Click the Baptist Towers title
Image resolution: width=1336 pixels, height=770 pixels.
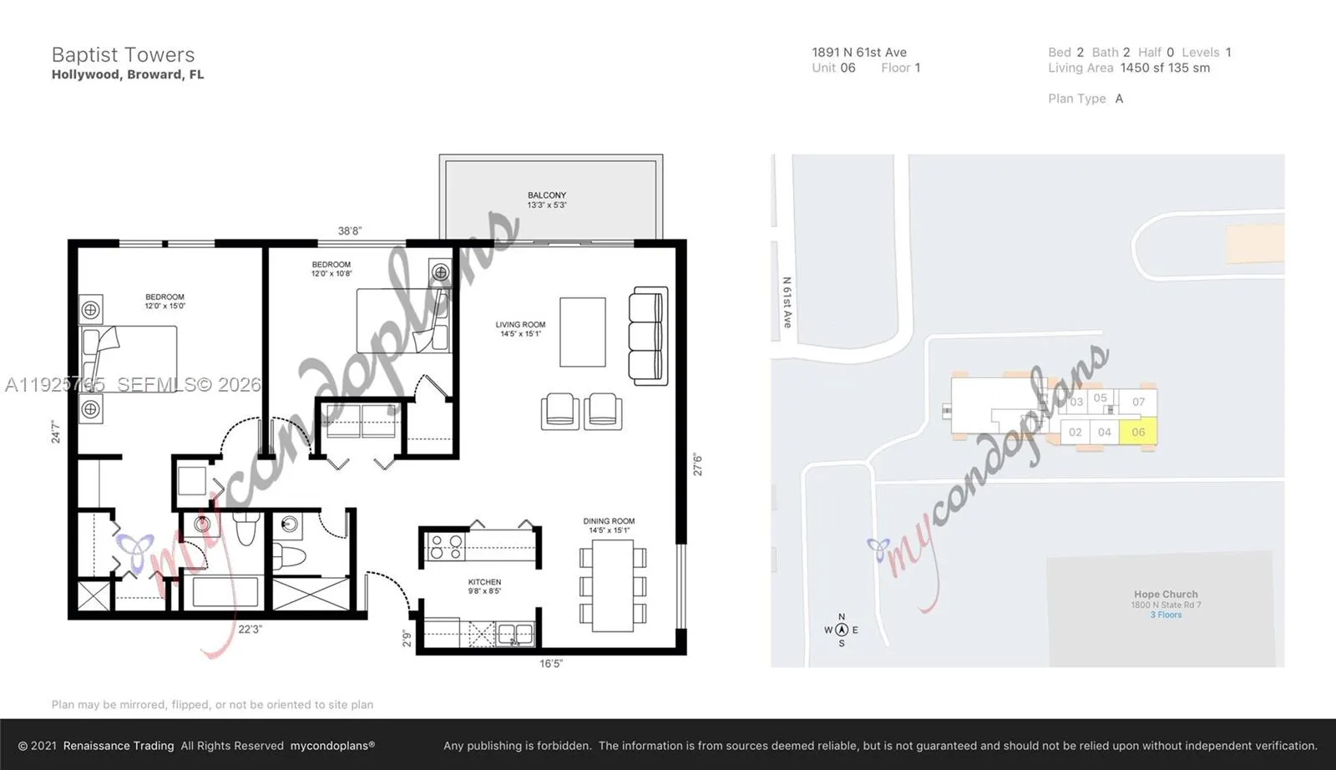[123, 55]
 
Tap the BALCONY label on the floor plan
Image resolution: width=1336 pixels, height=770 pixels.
[547, 200]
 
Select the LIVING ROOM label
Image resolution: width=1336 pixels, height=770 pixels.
[520, 329]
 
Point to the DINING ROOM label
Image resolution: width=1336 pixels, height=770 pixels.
[609, 525]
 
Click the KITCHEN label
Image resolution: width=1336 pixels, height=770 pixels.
[484, 586]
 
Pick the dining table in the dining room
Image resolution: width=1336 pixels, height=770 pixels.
[613, 585]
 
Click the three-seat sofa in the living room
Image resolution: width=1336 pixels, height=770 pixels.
[649, 337]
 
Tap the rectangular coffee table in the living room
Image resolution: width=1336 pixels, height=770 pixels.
[582, 332]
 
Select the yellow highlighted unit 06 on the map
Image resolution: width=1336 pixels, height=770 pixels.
[1138, 432]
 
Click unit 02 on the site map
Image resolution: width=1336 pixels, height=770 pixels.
[1075, 432]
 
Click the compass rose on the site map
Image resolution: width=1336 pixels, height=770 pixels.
[842, 630]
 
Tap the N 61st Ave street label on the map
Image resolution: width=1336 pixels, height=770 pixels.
[787, 302]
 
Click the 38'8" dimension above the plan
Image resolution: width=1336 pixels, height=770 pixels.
[350, 230]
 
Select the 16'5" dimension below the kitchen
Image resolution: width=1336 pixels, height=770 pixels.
[551, 664]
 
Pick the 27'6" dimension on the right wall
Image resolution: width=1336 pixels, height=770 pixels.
[697, 464]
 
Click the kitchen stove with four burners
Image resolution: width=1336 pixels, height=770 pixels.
[445, 547]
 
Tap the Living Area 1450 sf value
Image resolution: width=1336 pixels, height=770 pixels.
[1165, 68]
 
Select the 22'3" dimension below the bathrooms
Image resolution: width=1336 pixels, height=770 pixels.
[250, 629]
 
